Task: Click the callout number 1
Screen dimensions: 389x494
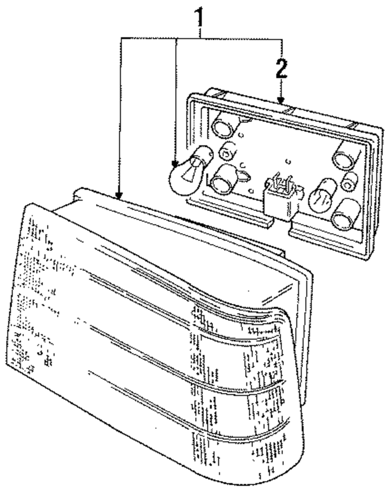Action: point(200,17)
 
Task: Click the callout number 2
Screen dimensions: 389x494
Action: point(281,70)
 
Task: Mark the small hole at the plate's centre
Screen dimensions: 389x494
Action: point(287,161)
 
